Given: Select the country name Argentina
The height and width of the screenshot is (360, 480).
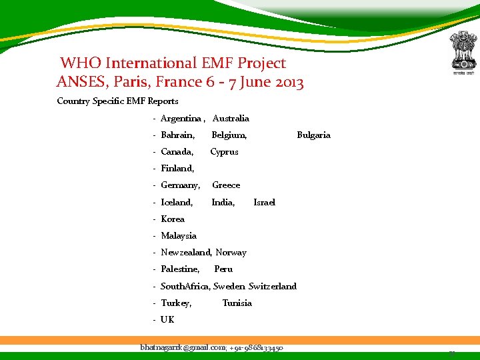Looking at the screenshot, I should click(181, 119).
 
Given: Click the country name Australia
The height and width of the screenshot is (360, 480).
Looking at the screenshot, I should click(231, 119).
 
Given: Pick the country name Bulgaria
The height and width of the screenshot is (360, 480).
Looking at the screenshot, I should click(313, 135).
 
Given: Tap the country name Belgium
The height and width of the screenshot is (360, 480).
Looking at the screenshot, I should click(229, 135).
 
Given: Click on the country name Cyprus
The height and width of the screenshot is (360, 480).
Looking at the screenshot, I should click(224, 152).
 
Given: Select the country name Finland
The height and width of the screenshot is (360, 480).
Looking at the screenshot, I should click(177, 169).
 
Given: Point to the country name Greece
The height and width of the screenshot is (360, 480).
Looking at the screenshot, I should click(226, 185).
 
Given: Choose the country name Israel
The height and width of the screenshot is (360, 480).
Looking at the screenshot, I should click(264, 203).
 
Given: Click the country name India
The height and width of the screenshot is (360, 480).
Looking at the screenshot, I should click(223, 203).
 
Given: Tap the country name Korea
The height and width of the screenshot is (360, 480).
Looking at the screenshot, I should click(173, 219).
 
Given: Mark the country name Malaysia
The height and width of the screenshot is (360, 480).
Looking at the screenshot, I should click(179, 236).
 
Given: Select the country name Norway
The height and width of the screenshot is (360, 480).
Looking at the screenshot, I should click(231, 253).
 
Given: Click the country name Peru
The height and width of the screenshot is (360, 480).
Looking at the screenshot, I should click(223, 269).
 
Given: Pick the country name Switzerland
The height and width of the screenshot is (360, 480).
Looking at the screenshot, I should click(272, 287).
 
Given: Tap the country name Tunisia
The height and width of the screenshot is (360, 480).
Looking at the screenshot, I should click(237, 303).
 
